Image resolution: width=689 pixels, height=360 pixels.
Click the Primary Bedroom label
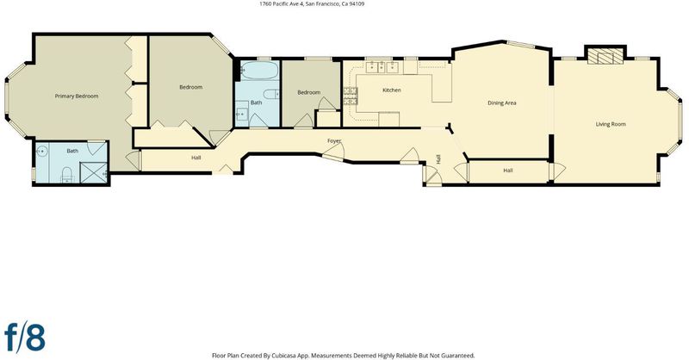click(x=77, y=96)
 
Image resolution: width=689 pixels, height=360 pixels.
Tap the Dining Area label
click(x=502, y=102)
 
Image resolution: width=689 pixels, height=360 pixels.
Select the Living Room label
click(x=611, y=124)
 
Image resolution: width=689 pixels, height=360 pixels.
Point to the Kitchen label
click(x=392, y=90)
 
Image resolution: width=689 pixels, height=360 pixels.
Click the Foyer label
click(x=334, y=141)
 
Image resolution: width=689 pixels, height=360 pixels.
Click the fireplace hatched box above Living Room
click(x=605, y=56)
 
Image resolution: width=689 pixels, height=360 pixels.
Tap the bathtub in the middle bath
click(x=260, y=71)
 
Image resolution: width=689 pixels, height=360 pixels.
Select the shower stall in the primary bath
click(x=94, y=172)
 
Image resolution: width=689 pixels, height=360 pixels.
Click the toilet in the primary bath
click(x=67, y=175)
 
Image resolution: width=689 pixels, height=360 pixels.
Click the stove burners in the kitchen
click(x=351, y=96)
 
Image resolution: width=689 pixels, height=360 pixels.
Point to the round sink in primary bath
click(x=41, y=151)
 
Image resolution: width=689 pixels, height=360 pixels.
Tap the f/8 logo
click(x=25, y=337)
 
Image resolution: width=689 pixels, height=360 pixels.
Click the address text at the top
click(x=312, y=4)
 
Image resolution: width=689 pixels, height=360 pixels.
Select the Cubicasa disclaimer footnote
click(x=343, y=356)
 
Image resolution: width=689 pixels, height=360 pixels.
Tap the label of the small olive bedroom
click(x=309, y=92)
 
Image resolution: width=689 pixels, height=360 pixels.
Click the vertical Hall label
click(x=438, y=159)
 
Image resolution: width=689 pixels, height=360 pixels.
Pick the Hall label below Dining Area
click(x=508, y=171)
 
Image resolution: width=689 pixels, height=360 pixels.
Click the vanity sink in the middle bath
click(x=242, y=114)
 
